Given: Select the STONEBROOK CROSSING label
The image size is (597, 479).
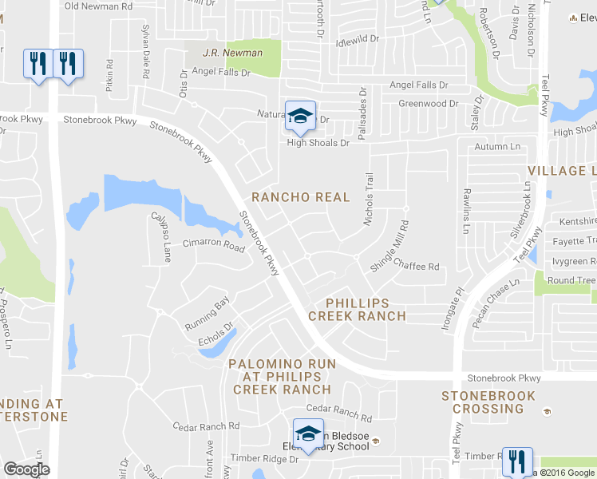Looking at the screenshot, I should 483,402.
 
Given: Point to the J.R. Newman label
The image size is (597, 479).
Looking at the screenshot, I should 232,53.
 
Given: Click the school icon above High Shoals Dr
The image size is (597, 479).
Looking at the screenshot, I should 300,117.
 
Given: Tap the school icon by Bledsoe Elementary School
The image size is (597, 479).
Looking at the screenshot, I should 308,433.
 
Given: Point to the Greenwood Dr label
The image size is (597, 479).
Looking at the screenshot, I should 429,104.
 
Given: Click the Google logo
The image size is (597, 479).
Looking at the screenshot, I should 26,469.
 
